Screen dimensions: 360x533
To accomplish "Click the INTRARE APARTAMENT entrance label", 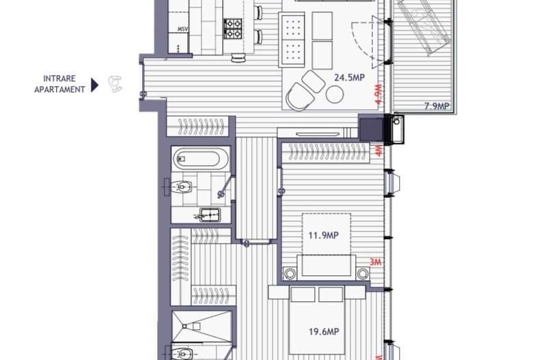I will (x=59, y=84).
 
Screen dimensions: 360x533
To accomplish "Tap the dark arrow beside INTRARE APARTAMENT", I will (x=95, y=85).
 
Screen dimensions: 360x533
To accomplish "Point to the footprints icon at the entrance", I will (x=116, y=84).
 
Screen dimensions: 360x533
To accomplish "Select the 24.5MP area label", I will (x=348, y=78).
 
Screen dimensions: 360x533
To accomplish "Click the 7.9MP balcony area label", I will (x=437, y=106).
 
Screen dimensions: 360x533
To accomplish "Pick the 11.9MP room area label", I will (x=323, y=236).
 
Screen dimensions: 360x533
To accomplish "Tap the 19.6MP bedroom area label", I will (x=323, y=332).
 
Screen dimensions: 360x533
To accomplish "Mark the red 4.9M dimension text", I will (x=377, y=94).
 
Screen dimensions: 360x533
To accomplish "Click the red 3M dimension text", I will (x=374, y=262).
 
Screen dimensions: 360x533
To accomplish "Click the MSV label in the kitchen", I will (x=182, y=29).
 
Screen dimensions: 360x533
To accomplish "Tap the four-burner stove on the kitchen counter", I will (x=233, y=28).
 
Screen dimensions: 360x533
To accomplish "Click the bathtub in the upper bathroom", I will (x=197, y=159).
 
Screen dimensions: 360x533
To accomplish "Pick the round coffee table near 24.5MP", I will (x=334, y=95).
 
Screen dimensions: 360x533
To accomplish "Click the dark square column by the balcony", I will (x=372, y=128).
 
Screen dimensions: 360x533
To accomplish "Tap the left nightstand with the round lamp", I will (x=290, y=273).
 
